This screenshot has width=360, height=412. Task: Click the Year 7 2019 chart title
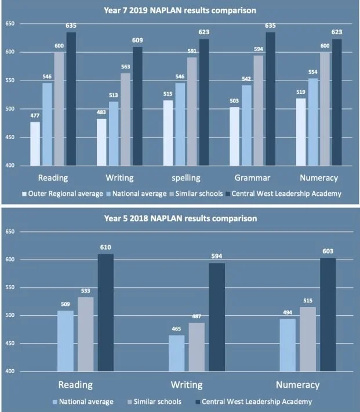point(180,10)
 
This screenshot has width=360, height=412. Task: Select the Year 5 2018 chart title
point(180,218)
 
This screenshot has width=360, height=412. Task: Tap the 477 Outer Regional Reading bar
point(35,144)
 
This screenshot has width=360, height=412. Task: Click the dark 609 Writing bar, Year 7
point(137,106)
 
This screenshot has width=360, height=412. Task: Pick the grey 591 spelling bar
point(192,111)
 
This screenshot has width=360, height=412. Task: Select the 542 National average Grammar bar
point(246,125)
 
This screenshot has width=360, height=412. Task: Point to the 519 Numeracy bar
point(301,132)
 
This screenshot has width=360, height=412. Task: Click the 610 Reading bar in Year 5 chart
point(106,312)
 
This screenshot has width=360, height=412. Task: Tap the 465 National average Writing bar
point(176,353)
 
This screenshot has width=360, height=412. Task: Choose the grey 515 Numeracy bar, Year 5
point(308,339)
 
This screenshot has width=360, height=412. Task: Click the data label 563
point(126,67)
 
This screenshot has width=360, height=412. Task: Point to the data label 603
point(328,251)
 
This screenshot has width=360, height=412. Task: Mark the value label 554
point(313,72)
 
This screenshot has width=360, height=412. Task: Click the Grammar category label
point(252,178)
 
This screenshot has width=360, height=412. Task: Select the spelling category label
point(186,178)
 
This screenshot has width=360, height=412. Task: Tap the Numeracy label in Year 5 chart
point(298,385)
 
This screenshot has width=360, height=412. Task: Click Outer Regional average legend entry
point(63,194)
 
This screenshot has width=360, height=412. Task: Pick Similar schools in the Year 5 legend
point(155,402)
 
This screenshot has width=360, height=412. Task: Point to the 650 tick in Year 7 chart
point(10,24)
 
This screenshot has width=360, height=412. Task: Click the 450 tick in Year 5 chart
point(10,343)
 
